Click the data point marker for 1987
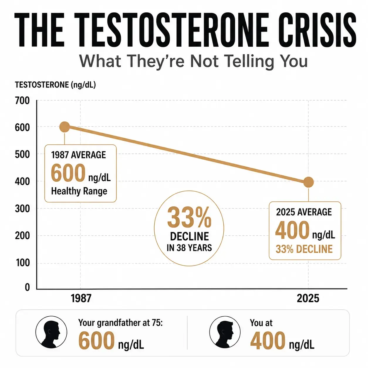click(x=65, y=127)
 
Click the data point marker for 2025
click(x=308, y=182)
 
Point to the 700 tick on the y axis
click(x=22, y=101)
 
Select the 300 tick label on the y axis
click(x=22, y=209)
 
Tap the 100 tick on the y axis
click(x=23, y=263)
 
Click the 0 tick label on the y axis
click(x=27, y=287)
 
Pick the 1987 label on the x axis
click(x=81, y=298)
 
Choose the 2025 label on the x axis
click(x=308, y=298)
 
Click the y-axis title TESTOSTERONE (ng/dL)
click(x=55, y=85)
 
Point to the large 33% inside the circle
click(x=189, y=218)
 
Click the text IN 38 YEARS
click(x=189, y=248)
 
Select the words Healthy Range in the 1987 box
click(x=79, y=191)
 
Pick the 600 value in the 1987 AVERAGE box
click(x=68, y=173)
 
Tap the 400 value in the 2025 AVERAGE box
click(x=292, y=230)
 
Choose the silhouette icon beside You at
click(x=225, y=332)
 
